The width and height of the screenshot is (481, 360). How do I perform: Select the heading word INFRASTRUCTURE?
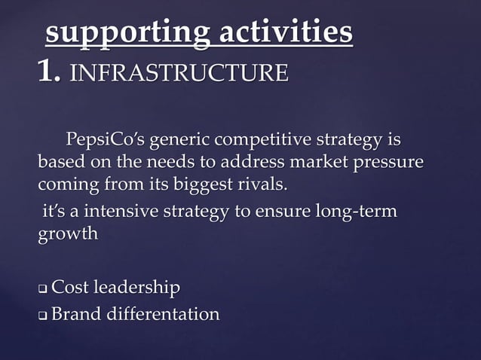click(x=178, y=74)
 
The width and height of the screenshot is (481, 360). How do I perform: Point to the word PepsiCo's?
click(x=106, y=140)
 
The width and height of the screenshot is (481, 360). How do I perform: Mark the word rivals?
click(x=264, y=184)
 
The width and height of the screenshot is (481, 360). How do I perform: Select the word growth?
click(x=68, y=234)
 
